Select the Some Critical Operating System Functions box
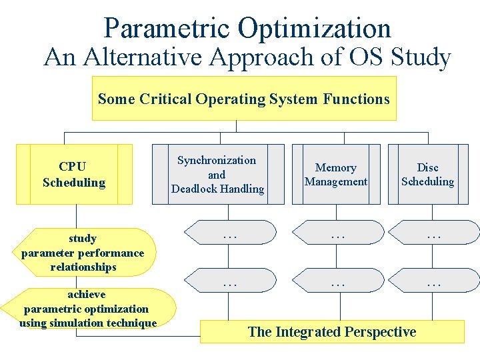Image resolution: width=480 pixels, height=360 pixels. point(243,99)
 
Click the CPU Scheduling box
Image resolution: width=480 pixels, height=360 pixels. point(74,174)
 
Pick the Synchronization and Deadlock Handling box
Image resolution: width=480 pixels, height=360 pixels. point(217,174)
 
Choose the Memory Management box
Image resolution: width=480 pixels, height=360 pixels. point(336,174)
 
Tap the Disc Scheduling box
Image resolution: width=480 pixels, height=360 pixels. point(427,174)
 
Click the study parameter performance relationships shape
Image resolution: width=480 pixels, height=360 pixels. point(83,253)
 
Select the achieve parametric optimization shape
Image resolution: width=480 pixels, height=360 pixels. point(88,309)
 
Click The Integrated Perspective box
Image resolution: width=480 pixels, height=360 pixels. point(332,332)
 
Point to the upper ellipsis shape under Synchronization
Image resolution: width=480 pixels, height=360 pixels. point(230,233)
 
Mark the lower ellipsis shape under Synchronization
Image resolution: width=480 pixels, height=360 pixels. point(230,281)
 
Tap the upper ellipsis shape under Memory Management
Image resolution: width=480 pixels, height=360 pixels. point(339,233)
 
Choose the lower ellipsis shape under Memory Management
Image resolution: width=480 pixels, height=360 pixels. point(339,281)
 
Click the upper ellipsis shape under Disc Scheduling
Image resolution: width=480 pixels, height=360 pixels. point(434,233)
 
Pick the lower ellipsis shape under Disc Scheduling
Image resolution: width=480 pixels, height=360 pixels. point(434,281)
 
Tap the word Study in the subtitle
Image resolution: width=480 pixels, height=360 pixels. point(421,58)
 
